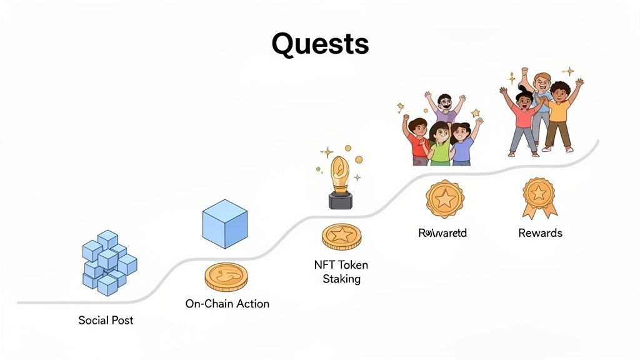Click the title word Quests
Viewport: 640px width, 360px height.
pos(320,44)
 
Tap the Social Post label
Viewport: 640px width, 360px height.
pos(106,320)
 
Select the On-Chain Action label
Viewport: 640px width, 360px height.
pos(227,304)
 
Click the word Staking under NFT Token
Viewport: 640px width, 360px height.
pos(341,279)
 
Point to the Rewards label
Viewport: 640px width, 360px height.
pos(540,233)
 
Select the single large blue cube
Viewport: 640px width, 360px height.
pos(224,224)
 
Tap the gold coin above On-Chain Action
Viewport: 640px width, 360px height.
pos(226,276)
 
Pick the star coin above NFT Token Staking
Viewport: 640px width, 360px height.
pos(341,237)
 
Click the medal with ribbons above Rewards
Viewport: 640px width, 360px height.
pos(539,196)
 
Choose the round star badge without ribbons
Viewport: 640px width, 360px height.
pos(445,199)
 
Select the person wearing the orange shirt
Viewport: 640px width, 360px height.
pos(558,112)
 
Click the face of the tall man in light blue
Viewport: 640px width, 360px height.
pos(542,81)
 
